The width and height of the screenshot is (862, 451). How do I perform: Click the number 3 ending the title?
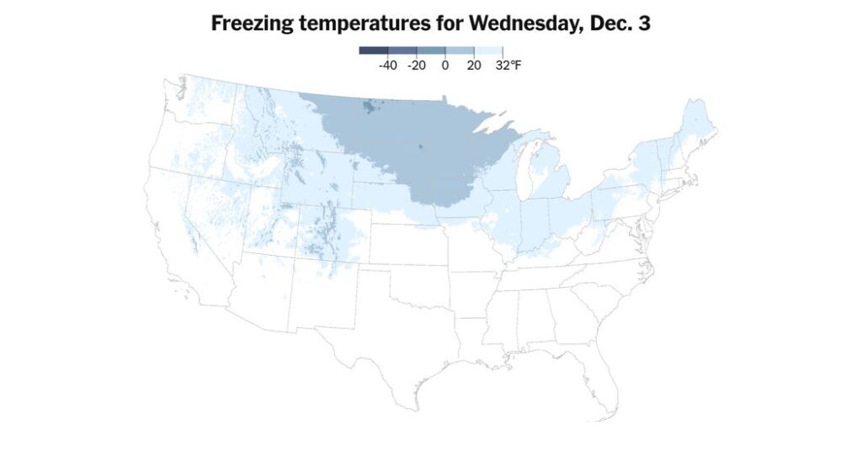644,24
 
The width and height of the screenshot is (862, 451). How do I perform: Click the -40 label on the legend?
388,65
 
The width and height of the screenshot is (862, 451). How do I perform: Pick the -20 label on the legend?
416,65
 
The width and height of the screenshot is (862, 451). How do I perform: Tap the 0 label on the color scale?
445,65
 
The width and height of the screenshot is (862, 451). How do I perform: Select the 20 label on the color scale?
474,65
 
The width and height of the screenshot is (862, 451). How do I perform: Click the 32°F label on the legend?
508,65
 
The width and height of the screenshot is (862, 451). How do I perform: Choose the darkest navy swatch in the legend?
373,50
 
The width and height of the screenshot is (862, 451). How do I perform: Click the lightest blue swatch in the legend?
488,50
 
